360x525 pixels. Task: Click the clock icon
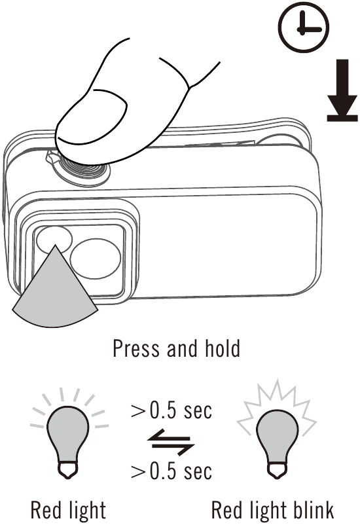(x=304, y=27)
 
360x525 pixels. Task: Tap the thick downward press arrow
(x=342, y=90)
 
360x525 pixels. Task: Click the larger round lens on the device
(x=96, y=259)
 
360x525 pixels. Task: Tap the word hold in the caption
(x=223, y=348)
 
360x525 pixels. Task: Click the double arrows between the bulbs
(x=171, y=443)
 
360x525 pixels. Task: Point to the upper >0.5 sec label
(x=171, y=410)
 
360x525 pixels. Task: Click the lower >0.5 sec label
(x=171, y=471)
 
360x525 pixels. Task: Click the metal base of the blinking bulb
(x=277, y=471)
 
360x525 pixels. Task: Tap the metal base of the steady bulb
(x=68, y=471)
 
